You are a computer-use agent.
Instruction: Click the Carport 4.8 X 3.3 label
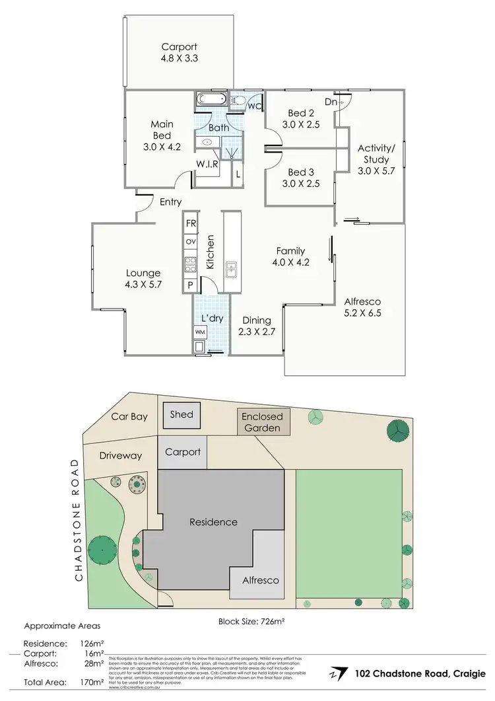[180, 52]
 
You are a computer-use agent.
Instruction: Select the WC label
[253, 105]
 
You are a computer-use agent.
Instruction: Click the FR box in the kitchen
[191, 224]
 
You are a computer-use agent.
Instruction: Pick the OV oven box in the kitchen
[191, 242]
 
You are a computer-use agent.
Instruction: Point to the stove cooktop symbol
[191, 264]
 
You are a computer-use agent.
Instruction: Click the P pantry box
[190, 285]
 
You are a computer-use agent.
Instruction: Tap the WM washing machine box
[200, 331]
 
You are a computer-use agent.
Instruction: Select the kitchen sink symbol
[231, 268]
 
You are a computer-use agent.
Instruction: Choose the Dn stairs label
[331, 102]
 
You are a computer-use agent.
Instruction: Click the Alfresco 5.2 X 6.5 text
[362, 307]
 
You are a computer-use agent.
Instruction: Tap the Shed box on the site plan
[181, 414]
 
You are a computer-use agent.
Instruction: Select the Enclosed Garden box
[261, 422]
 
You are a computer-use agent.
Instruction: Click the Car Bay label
[129, 417]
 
